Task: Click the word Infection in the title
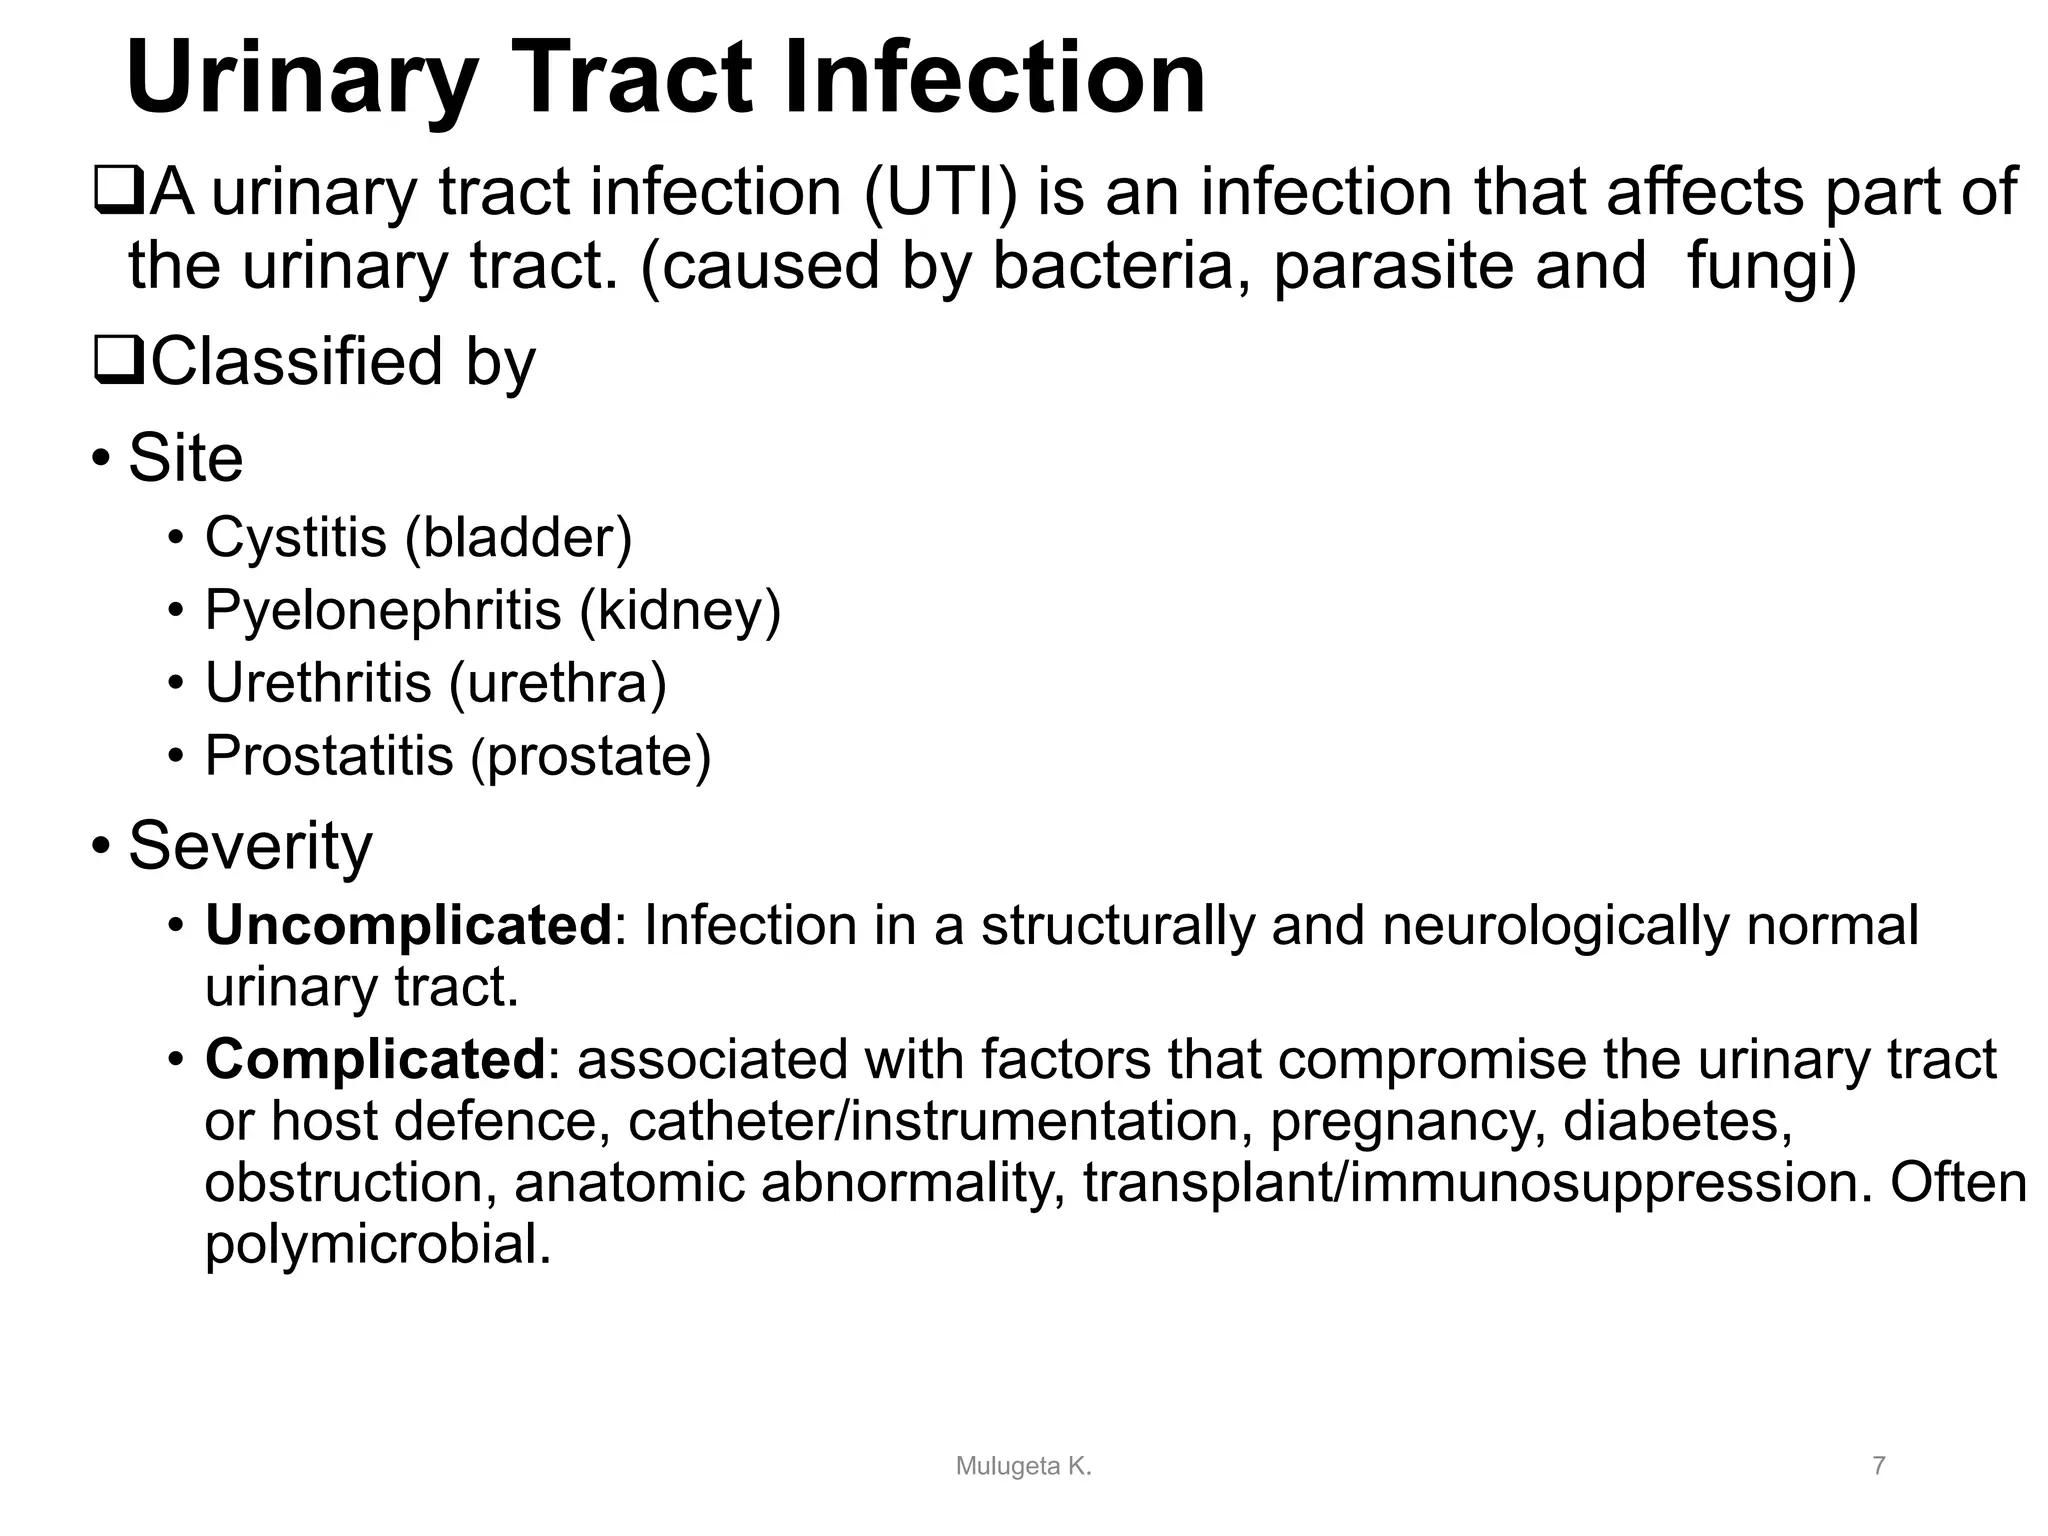(994, 78)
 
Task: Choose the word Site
(186, 458)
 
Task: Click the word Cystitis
(295, 537)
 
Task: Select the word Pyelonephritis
(383, 610)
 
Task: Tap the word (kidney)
(681, 610)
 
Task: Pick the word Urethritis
(318, 683)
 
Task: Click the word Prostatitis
(329, 756)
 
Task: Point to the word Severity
(250, 846)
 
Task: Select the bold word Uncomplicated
(408, 925)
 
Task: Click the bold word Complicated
(375, 1059)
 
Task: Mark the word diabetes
(1676, 1121)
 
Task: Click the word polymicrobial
(378, 1245)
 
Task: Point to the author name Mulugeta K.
(1023, 1466)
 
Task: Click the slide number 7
(1879, 1466)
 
